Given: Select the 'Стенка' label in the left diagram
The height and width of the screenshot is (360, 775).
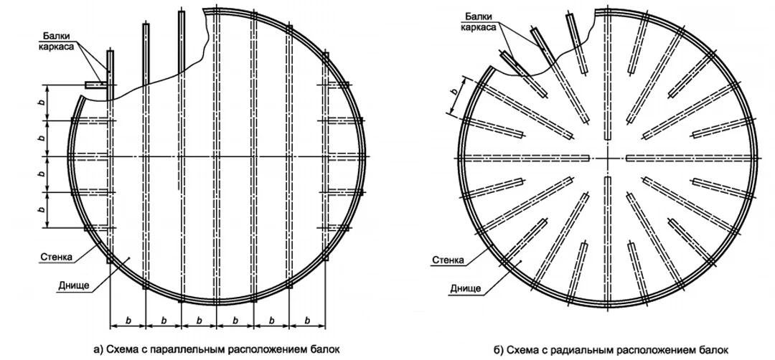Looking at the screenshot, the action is point(55,257).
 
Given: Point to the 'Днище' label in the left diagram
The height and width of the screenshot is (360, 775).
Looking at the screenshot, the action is point(72,285).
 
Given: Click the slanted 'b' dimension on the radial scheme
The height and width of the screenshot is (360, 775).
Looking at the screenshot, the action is point(455,91).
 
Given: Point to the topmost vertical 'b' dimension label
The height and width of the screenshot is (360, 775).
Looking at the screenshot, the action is point(42,103).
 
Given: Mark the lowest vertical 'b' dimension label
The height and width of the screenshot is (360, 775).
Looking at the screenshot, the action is point(42,210).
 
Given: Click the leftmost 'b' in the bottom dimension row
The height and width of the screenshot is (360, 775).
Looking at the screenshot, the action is point(128,321).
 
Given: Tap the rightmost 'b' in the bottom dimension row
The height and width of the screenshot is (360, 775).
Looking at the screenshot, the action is point(307,321).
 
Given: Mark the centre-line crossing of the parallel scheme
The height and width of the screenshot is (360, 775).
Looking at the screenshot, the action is point(216,156).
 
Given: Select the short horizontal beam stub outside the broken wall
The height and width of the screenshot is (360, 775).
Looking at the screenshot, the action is point(96,85).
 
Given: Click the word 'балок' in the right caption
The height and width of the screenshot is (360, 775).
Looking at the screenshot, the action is point(715,350).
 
